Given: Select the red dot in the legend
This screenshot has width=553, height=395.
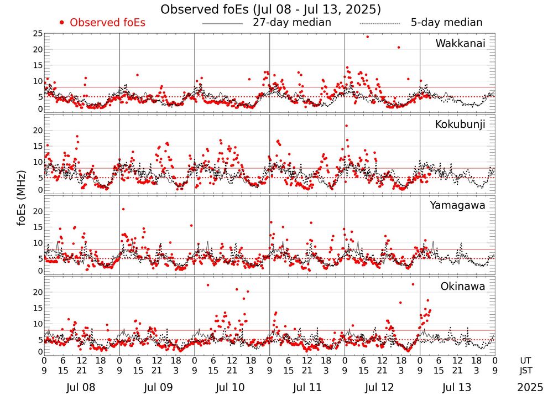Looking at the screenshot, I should click(62, 23).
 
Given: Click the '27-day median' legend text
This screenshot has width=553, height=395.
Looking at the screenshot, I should click(292, 23).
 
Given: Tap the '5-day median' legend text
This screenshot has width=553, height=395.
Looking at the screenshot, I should click(446, 23).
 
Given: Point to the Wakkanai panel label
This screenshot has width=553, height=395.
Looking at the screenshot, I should click(460, 44).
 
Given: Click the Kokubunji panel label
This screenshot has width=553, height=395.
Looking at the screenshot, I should click(459, 124).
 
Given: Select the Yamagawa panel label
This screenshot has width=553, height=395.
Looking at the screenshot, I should click(458, 206).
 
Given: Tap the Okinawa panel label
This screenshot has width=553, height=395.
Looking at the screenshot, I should click(463, 287).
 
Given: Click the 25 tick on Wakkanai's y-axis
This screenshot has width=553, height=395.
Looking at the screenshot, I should click(38, 34).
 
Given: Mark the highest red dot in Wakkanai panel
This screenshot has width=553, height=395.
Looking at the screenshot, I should click(367, 37).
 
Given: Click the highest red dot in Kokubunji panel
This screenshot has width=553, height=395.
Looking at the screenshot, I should click(346, 126).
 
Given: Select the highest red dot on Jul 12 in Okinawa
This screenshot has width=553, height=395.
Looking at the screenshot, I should click(413, 284).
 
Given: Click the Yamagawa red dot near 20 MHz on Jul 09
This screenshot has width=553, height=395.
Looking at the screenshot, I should click(123, 209).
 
